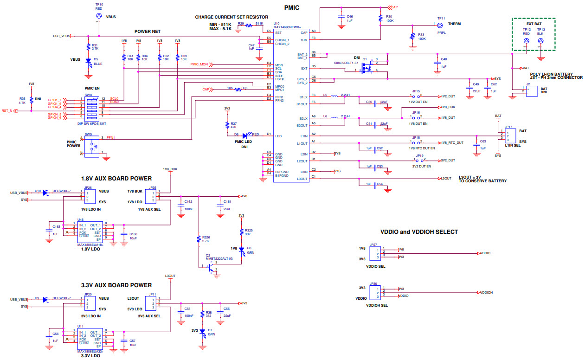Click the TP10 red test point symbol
(x=98, y=16)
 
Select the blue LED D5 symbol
(x=89, y=61)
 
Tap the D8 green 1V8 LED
(x=241, y=250)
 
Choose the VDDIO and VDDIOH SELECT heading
(x=419, y=231)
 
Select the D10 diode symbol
(x=45, y=193)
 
